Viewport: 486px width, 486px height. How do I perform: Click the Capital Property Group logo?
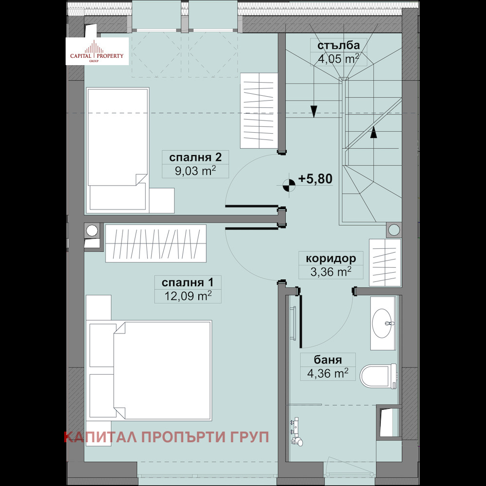click(x=97, y=52)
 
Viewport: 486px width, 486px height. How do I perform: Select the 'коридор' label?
click(x=331, y=258)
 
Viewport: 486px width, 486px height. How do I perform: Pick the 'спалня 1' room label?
click(x=184, y=282)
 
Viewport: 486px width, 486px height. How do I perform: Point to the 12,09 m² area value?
click(x=184, y=295)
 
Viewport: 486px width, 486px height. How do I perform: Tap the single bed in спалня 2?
click(x=117, y=146)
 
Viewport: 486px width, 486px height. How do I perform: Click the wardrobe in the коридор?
click(x=385, y=262)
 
